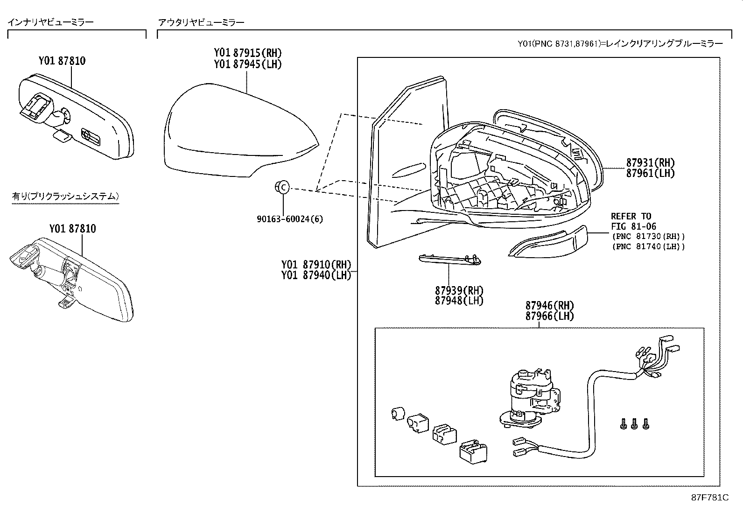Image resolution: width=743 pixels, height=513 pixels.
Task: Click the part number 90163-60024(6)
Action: click(x=289, y=219)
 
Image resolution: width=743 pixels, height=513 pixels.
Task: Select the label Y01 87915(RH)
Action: click(x=248, y=53)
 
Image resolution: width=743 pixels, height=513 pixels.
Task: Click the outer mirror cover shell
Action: click(x=233, y=131)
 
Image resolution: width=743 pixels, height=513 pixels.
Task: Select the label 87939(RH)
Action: click(x=459, y=290)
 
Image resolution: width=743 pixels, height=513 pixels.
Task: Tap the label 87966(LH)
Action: click(x=549, y=316)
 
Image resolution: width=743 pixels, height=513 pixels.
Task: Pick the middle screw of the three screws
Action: click(x=634, y=424)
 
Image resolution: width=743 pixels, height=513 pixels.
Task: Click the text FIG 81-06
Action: click(x=633, y=226)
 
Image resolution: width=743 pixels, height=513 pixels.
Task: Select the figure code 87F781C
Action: click(x=710, y=498)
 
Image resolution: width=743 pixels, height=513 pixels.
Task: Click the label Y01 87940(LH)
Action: click(x=316, y=275)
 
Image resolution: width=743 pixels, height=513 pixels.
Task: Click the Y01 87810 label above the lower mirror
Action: click(x=72, y=229)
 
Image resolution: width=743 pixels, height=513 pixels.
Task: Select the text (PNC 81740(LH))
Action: click(x=648, y=246)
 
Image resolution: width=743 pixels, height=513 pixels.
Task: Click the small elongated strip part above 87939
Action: click(x=450, y=259)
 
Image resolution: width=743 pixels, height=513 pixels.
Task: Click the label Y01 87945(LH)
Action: click(x=248, y=64)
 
